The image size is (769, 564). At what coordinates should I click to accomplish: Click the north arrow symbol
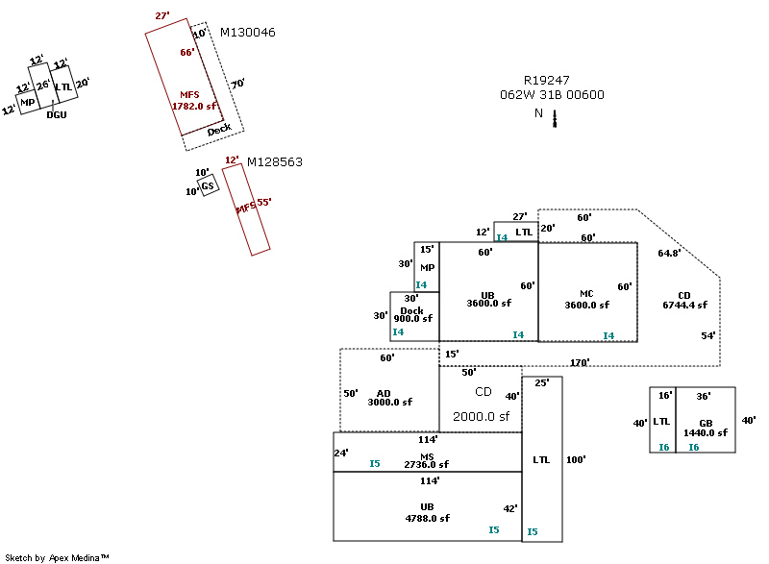(555, 117)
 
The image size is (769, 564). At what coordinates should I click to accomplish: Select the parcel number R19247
(547, 81)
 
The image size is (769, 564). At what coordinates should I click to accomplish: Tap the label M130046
(248, 33)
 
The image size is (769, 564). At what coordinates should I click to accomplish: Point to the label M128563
(275, 162)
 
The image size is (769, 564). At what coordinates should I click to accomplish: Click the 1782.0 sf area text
(194, 107)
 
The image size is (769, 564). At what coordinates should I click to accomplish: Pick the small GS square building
(207, 185)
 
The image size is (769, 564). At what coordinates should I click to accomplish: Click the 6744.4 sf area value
(684, 305)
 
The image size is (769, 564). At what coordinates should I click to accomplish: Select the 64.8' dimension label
(669, 254)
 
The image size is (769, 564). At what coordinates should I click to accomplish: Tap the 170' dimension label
(579, 362)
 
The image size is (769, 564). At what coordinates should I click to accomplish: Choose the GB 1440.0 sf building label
(706, 429)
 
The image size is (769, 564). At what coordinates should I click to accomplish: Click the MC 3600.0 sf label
(587, 299)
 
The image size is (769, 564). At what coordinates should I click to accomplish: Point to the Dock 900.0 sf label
(412, 314)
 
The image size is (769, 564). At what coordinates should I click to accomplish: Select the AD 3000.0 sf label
(384, 398)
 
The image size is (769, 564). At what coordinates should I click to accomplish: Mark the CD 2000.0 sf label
(482, 405)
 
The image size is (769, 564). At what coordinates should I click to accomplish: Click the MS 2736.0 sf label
(427, 460)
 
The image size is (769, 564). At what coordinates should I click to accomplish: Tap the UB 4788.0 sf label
(427, 512)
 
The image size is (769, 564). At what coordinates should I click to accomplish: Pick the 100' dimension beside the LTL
(576, 459)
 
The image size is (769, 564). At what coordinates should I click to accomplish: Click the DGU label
(57, 114)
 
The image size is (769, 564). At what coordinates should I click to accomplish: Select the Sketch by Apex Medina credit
(57, 557)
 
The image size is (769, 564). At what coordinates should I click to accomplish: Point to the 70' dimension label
(237, 84)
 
